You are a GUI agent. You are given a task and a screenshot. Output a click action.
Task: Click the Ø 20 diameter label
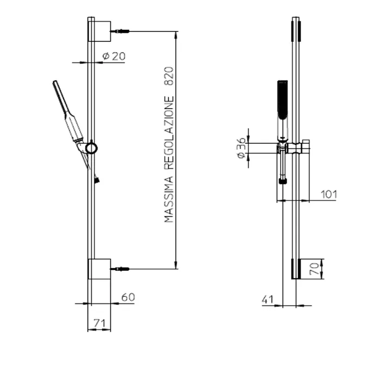click(113, 56)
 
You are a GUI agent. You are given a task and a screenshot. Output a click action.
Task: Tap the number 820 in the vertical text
click(169, 76)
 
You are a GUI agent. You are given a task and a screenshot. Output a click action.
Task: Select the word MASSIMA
click(169, 199)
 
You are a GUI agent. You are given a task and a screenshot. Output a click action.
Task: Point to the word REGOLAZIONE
click(169, 133)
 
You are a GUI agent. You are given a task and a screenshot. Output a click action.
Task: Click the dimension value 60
click(128, 297)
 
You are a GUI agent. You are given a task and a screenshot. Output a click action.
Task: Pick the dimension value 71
click(99, 324)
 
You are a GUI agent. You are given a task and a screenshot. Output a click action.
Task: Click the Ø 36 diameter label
click(242, 148)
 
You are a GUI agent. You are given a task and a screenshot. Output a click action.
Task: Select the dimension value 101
click(329, 194)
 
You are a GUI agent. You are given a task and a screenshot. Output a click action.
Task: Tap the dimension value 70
click(314, 269)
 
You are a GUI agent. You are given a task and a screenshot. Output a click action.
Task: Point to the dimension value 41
click(268, 300)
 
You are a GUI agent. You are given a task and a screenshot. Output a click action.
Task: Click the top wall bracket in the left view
click(99, 31)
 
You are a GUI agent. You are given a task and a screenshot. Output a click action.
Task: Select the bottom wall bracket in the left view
click(99, 269)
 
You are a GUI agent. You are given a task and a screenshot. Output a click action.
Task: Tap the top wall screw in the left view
click(120, 31)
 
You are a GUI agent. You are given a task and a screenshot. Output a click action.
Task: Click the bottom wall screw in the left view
click(120, 269)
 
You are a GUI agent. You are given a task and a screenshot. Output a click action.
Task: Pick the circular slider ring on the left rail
click(91, 148)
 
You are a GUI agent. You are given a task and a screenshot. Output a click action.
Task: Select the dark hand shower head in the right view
click(283, 99)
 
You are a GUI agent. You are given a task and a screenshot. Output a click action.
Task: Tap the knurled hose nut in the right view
click(283, 181)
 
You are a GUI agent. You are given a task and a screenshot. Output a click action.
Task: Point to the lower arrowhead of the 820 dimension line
click(176, 265)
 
